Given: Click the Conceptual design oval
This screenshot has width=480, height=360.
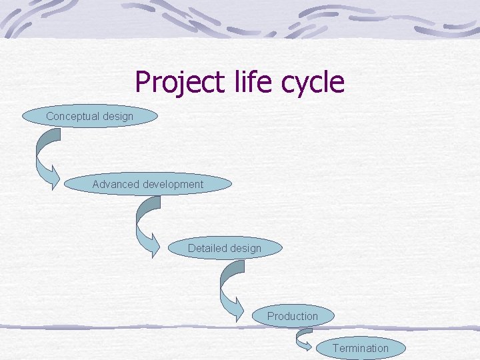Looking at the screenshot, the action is (x=89, y=117).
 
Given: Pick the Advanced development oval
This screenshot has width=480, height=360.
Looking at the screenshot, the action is (x=147, y=184).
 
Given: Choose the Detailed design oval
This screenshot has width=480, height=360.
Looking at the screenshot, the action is (x=224, y=249).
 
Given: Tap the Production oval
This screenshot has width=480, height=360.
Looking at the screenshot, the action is (x=293, y=316).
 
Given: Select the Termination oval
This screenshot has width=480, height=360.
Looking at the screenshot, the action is (x=360, y=348).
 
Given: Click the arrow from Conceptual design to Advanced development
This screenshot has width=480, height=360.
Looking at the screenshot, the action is (x=45, y=157).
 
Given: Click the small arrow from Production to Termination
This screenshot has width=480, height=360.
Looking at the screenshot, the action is (x=303, y=341).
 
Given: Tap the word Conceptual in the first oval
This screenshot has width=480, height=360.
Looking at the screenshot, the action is (x=71, y=117).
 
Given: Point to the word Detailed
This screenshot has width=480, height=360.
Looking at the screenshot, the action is (x=207, y=249).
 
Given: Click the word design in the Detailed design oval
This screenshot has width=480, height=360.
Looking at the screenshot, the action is (x=245, y=249).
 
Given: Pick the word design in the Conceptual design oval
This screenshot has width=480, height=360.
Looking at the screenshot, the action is (x=117, y=117).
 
